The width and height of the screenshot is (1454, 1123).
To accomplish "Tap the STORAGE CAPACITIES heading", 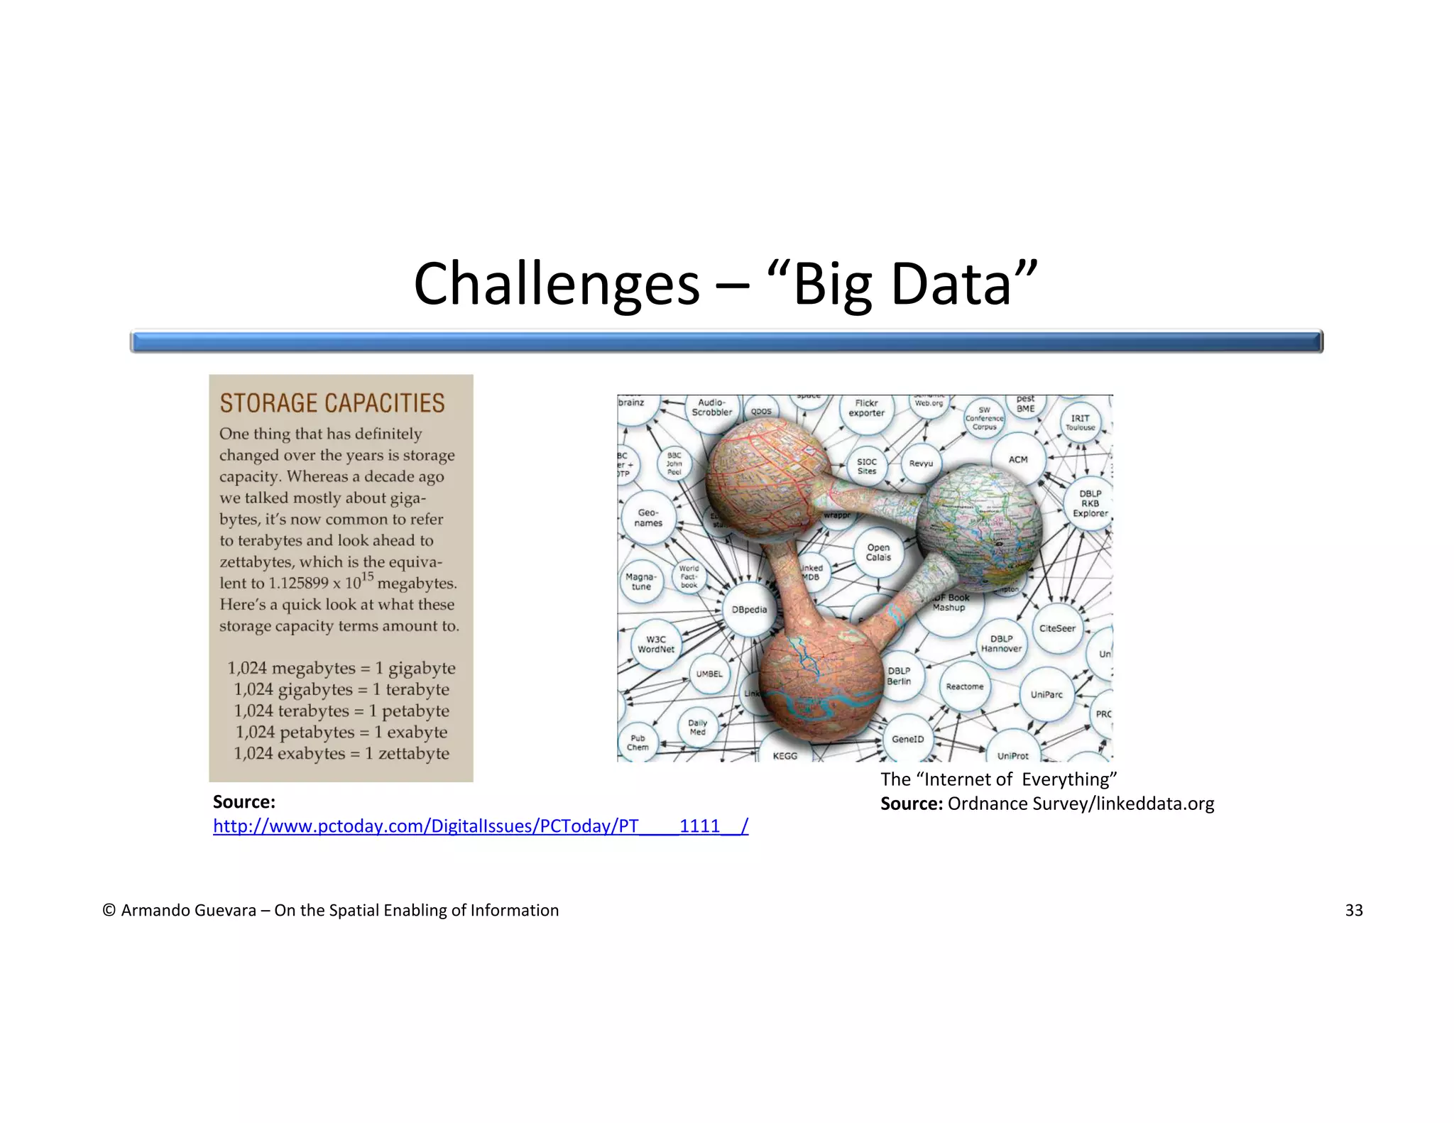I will click(332, 403).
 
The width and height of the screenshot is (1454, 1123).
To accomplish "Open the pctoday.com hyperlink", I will click(481, 826).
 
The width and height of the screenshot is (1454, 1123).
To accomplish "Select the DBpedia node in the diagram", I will click(749, 609).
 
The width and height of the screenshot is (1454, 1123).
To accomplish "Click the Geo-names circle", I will click(648, 517).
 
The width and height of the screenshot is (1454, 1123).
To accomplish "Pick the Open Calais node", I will click(878, 552).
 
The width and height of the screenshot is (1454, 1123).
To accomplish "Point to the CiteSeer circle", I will click(1057, 628).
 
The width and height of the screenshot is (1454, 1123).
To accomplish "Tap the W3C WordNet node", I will click(655, 644).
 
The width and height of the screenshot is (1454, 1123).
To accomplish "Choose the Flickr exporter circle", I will click(866, 408).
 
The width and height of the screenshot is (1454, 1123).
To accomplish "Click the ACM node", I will click(1018, 460).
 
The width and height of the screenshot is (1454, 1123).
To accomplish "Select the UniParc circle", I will click(1046, 694).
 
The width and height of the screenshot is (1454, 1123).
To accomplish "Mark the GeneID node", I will click(907, 739).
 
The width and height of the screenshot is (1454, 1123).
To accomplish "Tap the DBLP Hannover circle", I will click(1001, 644).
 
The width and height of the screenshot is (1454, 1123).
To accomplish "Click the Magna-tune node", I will click(641, 582).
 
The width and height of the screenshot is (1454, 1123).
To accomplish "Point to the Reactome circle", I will click(964, 686).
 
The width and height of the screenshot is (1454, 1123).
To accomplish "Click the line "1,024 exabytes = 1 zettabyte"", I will click(341, 753).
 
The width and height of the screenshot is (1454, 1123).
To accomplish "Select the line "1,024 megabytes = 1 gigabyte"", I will click(341, 668).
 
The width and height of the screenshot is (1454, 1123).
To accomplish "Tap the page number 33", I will click(1353, 910).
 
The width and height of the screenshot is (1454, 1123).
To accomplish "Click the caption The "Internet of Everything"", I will click(998, 779).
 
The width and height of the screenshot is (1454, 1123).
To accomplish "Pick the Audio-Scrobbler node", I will click(711, 407).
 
